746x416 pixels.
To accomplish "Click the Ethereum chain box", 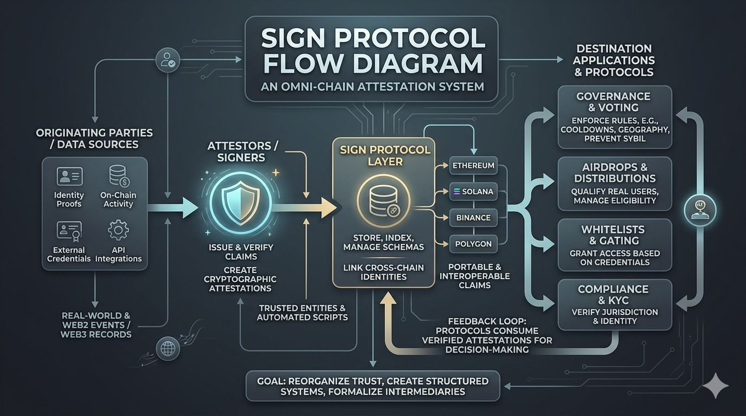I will [x=473, y=165].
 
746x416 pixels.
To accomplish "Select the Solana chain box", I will [x=473, y=191].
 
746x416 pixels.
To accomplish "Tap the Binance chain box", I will [x=473, y=218].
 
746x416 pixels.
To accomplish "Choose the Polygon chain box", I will [x=473, y=244].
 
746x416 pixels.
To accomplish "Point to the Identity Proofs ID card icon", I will [x=69, y=177].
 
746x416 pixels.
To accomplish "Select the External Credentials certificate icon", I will [x=69, y=230].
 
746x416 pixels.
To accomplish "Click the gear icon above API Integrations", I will [x=118, y=230].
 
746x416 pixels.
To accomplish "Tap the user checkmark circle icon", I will [x=166, y=61].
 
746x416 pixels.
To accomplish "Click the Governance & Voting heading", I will [x=614, y=102].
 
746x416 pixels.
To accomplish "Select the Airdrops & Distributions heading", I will [x=614, y=173].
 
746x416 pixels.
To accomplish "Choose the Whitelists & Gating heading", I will [x=614, y=235].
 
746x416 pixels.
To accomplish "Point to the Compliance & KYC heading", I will [x=614, y=295].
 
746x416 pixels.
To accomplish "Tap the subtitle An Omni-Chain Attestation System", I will [x=372, y=87].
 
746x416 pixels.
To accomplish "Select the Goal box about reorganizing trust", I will [x=372, y=386].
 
